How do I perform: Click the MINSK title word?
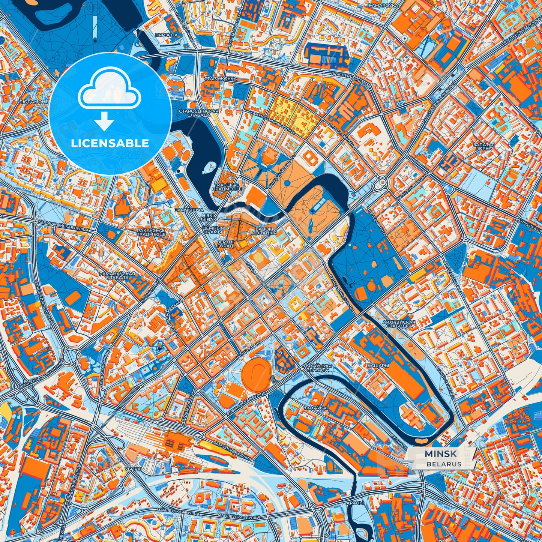441,454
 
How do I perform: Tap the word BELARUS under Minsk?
444,464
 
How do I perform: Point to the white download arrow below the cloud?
104,122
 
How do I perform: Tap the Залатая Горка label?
484,146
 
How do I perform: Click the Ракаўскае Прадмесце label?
152,232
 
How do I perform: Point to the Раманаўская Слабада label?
117,276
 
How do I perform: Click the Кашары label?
378,365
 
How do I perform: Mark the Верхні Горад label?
225,244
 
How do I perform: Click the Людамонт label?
33,102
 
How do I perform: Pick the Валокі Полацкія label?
264,231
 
